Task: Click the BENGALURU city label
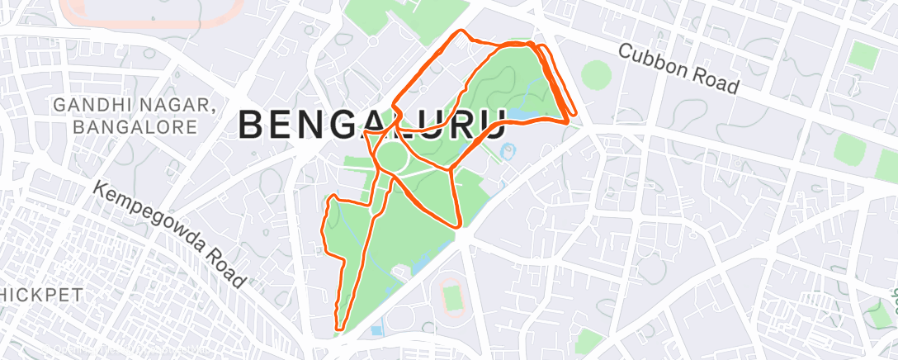click(x=371, y=125)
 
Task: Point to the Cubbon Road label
click(x=678, y=67)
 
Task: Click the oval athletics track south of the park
click(x=451, y=296)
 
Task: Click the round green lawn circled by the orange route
click(x=393, y=154)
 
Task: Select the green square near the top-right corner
click(x=865, y=57)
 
